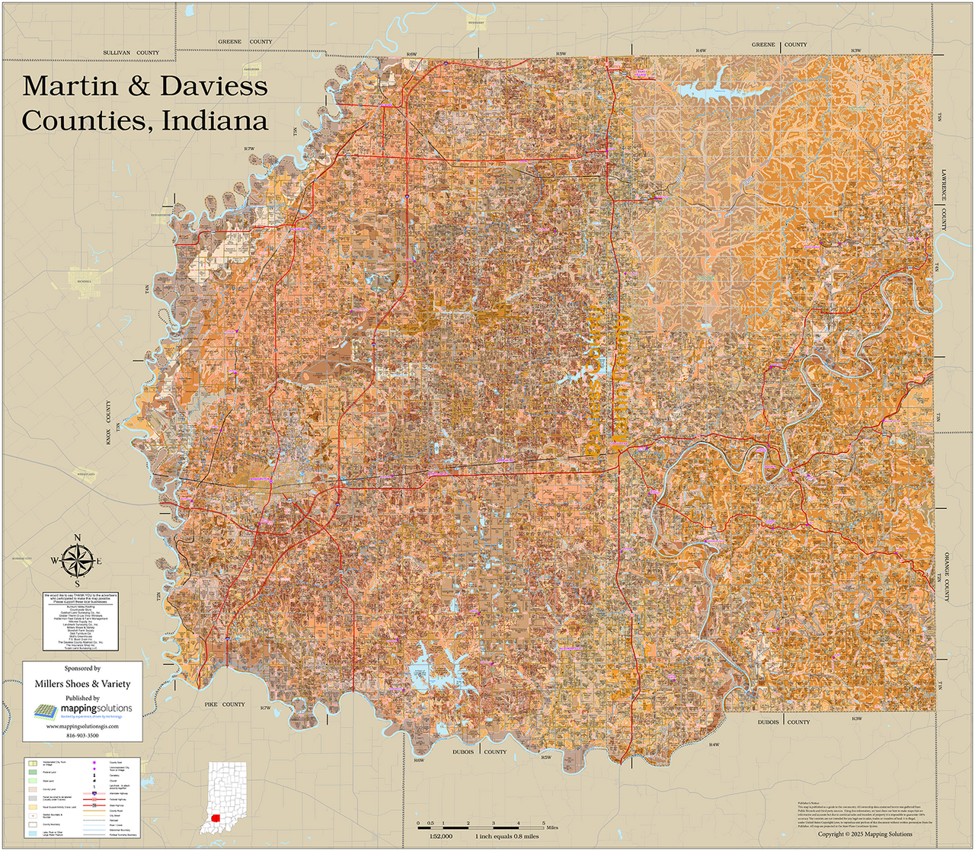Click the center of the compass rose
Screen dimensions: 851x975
coord(76,561)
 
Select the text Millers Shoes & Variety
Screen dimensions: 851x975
coord(82,683)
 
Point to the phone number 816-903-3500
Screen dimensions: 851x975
coord(82,735)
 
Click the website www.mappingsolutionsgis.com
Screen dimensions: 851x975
coord(82,726)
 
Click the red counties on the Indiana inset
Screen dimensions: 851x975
coord(216,821)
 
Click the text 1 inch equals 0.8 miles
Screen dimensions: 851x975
coord(507,836)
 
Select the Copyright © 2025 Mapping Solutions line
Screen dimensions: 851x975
coord(865,834)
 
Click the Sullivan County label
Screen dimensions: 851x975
coord(131,53)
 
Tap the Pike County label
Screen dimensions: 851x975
coord(224,705)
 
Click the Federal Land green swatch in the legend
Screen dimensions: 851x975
coord(33,772)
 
